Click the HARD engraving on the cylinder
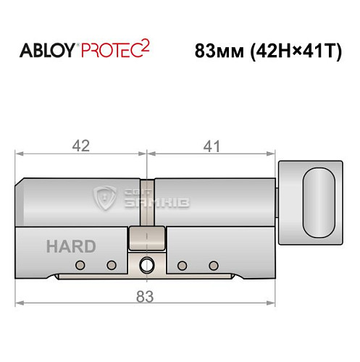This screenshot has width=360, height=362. (x=70, y=245)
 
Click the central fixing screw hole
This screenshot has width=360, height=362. (x=148, y=264)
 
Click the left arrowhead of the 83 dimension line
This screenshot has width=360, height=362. (x=20, y=302)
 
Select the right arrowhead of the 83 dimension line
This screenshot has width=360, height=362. (x=276, y=302)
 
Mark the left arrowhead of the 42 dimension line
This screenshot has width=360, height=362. (x=20, y=153)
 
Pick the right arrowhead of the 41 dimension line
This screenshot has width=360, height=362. (x=276, y=153)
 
